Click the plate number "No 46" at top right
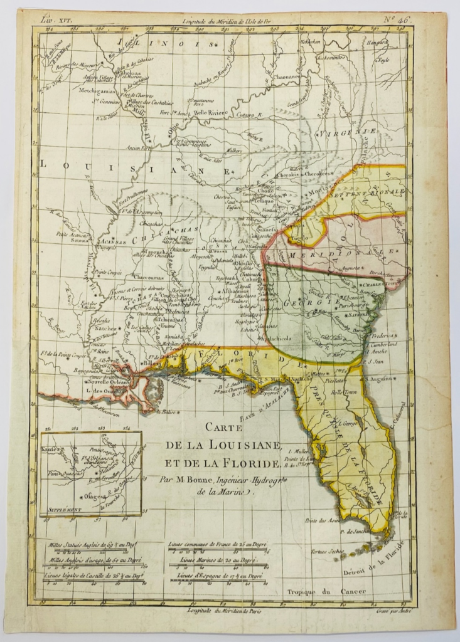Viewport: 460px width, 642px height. [x=397, y=19]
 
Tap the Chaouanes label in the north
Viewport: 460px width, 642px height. [x=288, y=77]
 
